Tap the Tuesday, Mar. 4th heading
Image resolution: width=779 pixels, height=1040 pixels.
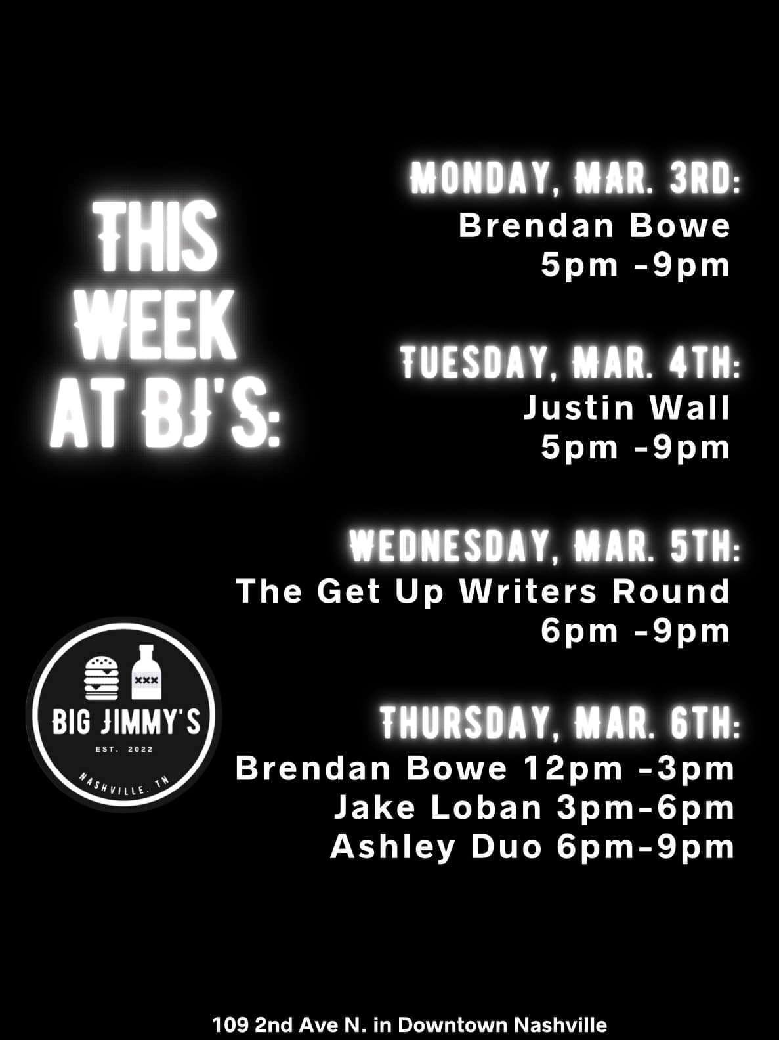[570, 363]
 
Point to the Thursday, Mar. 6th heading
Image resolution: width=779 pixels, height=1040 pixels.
[560, 723]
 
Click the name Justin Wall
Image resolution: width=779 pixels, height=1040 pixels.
[627, 408]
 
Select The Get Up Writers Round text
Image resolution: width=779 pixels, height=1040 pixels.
[483, 592]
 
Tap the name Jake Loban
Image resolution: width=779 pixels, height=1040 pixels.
[438, 808]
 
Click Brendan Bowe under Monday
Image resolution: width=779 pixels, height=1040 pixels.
[595, 226]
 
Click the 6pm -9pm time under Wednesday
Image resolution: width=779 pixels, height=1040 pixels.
[635, 632]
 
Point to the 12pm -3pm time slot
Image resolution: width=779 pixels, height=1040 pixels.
[629, 769]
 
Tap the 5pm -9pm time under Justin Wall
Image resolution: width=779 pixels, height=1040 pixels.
[635, 448]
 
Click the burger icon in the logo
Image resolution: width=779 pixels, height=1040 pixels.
[101, 678]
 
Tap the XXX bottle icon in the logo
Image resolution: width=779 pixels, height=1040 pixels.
[146, 672]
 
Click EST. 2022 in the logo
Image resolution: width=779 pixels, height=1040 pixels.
[124, 750]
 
